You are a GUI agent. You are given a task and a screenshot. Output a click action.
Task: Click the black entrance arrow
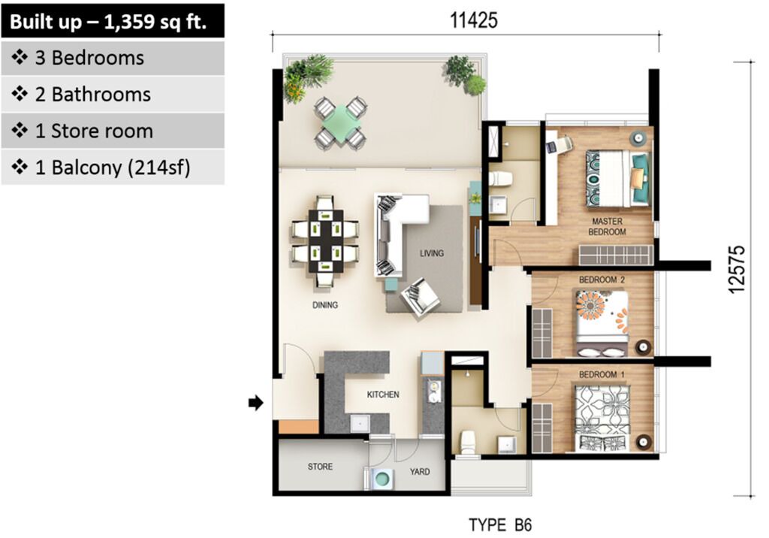pos(256,403)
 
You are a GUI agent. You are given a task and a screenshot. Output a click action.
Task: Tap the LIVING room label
pos(432,253)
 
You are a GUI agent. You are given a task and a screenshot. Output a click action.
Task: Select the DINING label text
pos(325,305)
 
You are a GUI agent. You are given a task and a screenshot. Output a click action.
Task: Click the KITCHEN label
pos(383,394)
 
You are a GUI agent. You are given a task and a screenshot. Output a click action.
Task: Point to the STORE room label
pos(320,467)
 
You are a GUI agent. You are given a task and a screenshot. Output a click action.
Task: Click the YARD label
pos(420,471)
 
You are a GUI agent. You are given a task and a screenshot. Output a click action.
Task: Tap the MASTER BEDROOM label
pos(607,226)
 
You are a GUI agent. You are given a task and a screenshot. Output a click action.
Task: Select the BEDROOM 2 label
pos(602,280)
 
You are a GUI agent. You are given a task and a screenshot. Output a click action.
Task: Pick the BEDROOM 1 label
pos(602,374)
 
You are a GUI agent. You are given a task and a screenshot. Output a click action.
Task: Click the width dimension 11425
pos(474,20)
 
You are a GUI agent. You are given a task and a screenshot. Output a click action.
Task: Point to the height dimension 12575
pos(737,270)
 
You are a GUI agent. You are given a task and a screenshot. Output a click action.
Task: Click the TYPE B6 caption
pos(500,524)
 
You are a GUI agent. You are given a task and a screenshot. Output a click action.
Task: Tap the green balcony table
pos(341,121)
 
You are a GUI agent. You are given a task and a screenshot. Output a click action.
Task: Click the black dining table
pos(326,241)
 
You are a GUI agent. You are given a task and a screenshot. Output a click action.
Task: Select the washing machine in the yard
pos(381,479)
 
